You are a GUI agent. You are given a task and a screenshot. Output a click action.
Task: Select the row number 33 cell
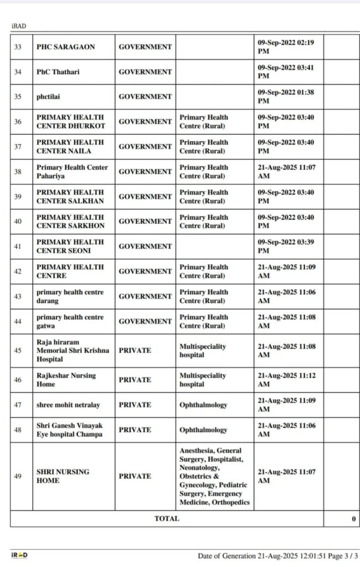tap(18, 47)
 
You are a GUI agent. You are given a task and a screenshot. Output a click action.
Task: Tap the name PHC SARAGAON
tap(65, 47)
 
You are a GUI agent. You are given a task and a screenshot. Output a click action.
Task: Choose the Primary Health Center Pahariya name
tap(72, 172)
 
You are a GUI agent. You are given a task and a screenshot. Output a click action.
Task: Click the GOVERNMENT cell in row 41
tap(145, 246)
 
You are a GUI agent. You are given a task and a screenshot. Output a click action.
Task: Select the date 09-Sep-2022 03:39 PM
tap(286, 246)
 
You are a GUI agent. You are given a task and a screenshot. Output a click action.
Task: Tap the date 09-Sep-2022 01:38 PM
tap(286, 97)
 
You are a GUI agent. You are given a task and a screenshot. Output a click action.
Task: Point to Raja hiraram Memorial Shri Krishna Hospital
tap(72, 350)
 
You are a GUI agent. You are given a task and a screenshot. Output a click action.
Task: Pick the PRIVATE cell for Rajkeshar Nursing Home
tap(135, 380)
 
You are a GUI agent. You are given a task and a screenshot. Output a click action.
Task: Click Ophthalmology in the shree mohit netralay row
tap(203, 405)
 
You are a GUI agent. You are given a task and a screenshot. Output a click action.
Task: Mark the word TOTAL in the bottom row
tap(167, 519)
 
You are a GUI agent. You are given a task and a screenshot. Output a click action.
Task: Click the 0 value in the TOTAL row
tap(353, 519)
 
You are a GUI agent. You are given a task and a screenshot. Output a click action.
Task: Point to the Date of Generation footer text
tap(277, 555)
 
